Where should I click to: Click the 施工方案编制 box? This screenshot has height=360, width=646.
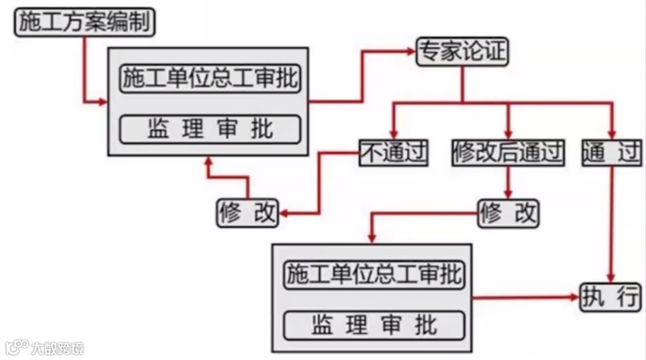[x=84, y=22]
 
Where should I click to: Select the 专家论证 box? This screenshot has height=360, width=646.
[x=461, y=52]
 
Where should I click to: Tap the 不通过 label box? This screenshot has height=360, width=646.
[x=394, y=154]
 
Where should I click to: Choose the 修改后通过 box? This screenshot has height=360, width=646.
[x=508, y=154]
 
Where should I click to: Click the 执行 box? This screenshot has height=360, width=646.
[x=610, y=297]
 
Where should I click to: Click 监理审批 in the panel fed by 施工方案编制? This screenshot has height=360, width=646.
[x=209, y=129]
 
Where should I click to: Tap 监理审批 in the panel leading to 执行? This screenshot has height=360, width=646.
[x=374, y=325]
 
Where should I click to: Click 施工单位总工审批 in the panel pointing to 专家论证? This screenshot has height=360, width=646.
[x=209, y=78]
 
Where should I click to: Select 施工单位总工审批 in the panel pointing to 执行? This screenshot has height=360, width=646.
[x=374, y=274]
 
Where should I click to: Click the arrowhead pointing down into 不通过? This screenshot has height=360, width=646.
[x=394, y=134]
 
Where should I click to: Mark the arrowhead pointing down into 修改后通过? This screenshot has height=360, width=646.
[x=508, y=134]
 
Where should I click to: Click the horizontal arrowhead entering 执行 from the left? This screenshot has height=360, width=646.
[x=575, y=297]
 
